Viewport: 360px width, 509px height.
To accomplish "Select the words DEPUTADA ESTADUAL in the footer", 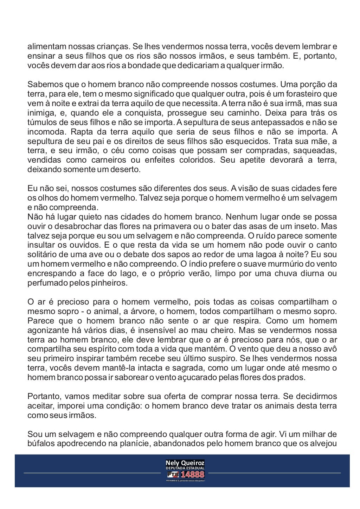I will (x=185, y=469).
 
